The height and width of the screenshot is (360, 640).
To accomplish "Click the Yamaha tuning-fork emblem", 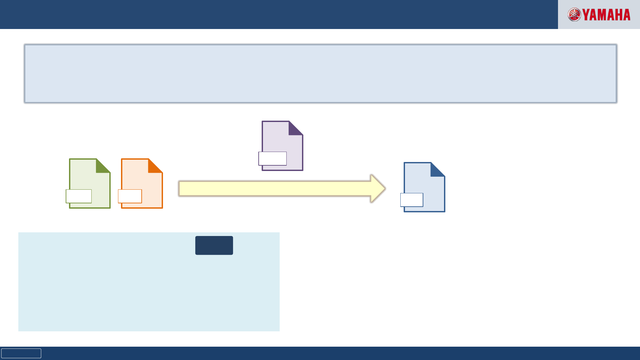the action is tap(574, 15).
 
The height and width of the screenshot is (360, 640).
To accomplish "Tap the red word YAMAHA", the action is tap(606, 15).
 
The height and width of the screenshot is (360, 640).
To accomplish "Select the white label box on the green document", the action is tap(79, 196).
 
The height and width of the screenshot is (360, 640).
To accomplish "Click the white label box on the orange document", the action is tap(130, 196).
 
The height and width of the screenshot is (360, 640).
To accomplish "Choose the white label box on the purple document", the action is tap(273, 159).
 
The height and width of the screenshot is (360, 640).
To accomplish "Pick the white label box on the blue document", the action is tap(412, 200).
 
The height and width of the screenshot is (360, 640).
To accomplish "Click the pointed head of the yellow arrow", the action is tap(378, 189).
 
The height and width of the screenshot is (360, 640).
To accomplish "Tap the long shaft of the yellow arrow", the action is tap(273, 189).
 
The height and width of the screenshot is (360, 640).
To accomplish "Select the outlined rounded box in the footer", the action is tap(21, 353).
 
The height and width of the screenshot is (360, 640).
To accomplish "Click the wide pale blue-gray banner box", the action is tap(320, 74).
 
